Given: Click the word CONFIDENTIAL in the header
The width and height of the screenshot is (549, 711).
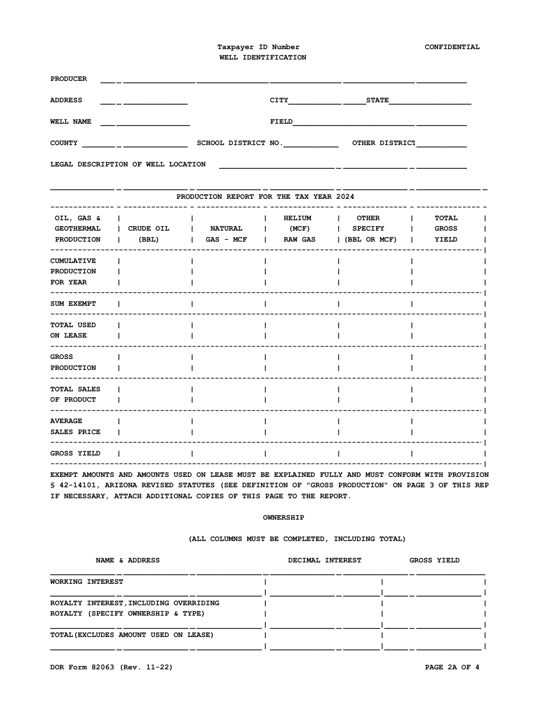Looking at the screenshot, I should pyautogui.click(x=452, y=47).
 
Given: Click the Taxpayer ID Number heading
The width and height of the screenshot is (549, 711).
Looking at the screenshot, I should pyautogui.click(x=258, y=47).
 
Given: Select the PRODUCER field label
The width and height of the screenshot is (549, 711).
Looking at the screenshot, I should pyautogui.click(x=68, y=79).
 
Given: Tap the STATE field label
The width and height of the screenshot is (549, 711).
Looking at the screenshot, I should pyautogui.click(x=377, y=100).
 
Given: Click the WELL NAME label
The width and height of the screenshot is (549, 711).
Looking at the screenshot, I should pyautogui.click(x=71, y=121).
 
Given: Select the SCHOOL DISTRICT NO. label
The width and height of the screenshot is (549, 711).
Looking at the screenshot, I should pyautogui.click(x=239, y=143).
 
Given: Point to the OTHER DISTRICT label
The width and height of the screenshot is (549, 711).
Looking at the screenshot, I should pyautogui.click(x=384, y=143).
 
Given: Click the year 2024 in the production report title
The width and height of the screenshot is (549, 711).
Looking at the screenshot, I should pyautogui.click(x=345, y=197).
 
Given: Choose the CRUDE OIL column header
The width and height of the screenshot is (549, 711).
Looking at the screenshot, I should pyautogui.click(x=149, y=228).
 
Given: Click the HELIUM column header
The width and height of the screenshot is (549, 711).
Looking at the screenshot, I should pyautogui.click(x=298, y=218).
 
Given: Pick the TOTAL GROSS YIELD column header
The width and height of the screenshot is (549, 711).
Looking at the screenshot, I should pyautogui.click(x=446, y=228).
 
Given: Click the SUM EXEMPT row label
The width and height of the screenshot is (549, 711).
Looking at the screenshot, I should pyautogui.click(x=73, y=303).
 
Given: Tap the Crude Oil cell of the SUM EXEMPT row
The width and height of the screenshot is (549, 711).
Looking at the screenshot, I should pyautogui.click(x=155, y=303).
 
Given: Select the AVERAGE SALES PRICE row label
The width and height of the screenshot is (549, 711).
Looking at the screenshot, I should pyautogui.click(x=75, y=427).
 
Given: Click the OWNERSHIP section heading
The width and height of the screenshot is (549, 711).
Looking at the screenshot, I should pyautogui.click(x=283, y=517).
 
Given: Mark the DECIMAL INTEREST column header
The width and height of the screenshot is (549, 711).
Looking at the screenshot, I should pyautogui.click(x=324, y=560).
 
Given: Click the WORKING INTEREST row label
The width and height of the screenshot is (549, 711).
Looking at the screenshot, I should pyautogui.click(x=86, y=582).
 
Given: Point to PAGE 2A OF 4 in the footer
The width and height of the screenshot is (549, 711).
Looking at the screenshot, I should pyautogui.click(x=451, y=667).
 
